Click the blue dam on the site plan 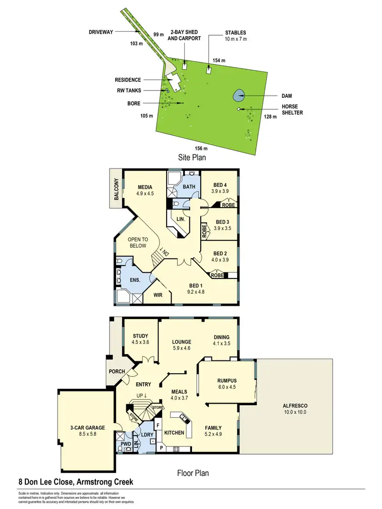238,95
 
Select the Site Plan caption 192,158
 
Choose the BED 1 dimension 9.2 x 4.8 196,293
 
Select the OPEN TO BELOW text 137,242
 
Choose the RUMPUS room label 227,381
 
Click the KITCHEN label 174,432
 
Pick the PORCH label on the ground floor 117,372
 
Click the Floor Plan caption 193,473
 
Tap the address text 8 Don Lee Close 41,482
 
